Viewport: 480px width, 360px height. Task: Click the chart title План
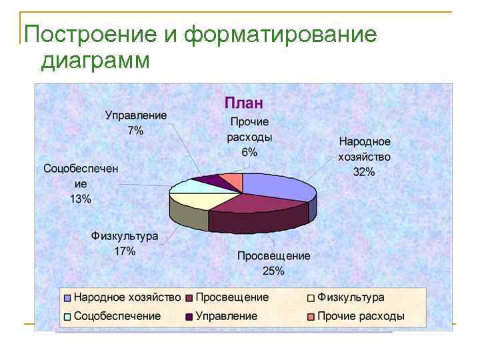click(244, 103)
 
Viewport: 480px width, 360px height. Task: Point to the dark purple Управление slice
click(208, 179)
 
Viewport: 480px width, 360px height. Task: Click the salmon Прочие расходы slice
click(231, 178)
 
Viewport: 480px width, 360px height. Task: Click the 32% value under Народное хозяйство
click(365, 172)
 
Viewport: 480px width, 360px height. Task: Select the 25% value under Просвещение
click(274, 270)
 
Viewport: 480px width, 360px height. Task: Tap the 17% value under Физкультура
click(125, 251)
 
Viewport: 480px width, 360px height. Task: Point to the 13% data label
click(81, 199)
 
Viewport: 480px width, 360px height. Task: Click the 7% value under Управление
click(135, 131)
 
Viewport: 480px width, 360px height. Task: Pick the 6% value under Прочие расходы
click(249, 152)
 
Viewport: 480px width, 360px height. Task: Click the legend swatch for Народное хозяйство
click(67, 298)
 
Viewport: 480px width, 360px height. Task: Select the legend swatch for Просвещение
click(190, 298)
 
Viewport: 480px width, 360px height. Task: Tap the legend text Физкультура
click(351, 297)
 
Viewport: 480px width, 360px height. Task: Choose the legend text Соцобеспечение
click(117, 316)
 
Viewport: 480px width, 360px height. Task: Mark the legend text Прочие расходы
click(361, 316)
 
